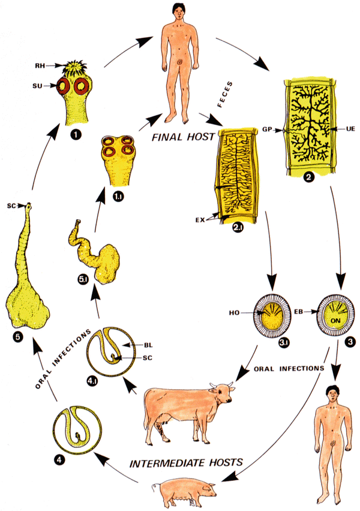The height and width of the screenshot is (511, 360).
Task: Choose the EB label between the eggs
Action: pyautogui.click(x=301, y=313)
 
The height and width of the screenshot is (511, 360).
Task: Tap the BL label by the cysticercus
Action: pyautogui.click(x=150, y=345)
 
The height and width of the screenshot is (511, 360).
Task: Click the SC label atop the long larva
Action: pyautogui.click(x=11, y=205)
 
